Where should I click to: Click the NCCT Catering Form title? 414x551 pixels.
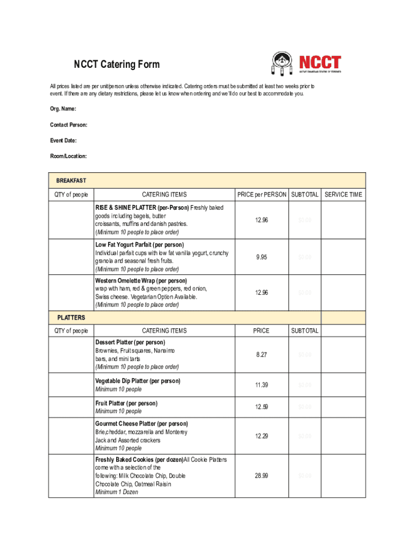[x=117, y=65]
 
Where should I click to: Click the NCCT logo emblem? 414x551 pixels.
[x=282, y=65]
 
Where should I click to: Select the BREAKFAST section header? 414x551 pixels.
[x=72, y=180]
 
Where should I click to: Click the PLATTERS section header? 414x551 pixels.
[x=71, y=317]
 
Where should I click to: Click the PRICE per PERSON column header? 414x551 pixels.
[x=261, y=195]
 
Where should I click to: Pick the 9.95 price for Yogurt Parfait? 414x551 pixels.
[x=261, y=257]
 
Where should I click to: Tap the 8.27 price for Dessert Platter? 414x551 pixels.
[x=261, y=355]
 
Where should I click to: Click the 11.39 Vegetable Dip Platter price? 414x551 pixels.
[x=261, y=385]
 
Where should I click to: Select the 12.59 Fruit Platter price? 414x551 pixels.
[x=261, y=407]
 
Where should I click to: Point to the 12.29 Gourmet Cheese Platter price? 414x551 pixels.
[x=261, y=436]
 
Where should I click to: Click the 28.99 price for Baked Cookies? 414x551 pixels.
[x=261, y=476]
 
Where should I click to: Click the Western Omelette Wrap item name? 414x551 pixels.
[x=141, y=281]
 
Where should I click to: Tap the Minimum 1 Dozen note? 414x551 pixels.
[x=117, y=492]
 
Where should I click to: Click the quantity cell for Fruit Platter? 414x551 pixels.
[x=70, y=407]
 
